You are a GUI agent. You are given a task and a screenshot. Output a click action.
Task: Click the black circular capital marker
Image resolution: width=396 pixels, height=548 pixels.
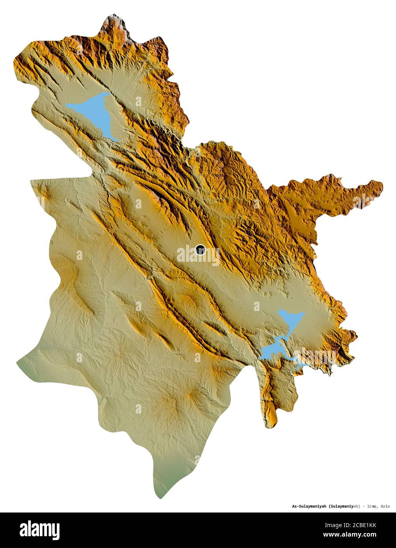200,250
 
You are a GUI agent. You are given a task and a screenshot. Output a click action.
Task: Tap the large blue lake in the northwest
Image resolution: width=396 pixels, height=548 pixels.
95,112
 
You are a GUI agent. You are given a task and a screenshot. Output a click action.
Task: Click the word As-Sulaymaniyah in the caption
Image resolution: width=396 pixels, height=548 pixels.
309,506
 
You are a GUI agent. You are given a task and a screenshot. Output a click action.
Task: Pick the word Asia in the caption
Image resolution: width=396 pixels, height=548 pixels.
385,506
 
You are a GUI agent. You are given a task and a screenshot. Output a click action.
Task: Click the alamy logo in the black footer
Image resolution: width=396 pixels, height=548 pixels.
39,530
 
